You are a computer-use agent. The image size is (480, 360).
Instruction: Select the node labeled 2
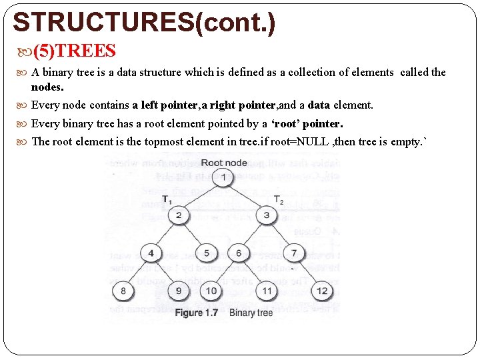(x=179, y=215)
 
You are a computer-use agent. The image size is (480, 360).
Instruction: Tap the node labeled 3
(x=267, y=215)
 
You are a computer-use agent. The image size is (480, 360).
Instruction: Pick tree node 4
(x=151, y=253)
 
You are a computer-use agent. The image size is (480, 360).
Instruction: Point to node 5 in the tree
(x=207, y=253)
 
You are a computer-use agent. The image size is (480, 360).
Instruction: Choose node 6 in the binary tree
(x=239, y=253)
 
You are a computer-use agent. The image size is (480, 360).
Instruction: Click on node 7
(x=294, y=253)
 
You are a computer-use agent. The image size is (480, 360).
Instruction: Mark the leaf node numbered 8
(x=123, y=290)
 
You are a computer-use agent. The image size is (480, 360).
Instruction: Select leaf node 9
(x=178, y=290)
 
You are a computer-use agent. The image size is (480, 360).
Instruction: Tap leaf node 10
(x=211, y=290)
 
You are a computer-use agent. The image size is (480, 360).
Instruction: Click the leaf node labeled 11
(x=267, y=290)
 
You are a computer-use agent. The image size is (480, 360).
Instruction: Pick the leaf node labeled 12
(x=322, y=290)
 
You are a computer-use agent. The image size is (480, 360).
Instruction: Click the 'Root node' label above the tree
(x=223, y=163)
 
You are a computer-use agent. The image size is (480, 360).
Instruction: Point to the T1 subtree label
(x=167, y=199)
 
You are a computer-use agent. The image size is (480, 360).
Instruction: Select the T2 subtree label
(x=279, y=199)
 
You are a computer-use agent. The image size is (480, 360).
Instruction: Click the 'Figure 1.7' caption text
(x=197, y=313)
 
